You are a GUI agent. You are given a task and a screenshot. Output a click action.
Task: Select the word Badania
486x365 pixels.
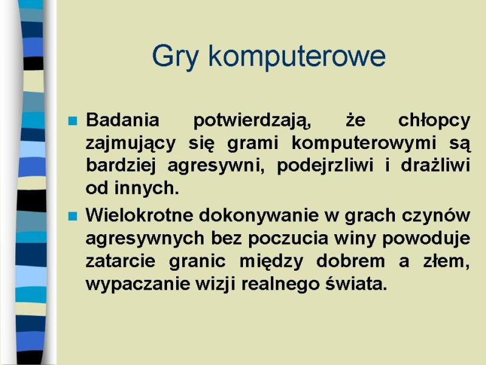coord(123,120)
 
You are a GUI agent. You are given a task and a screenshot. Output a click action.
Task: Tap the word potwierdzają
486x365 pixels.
coord(252,121)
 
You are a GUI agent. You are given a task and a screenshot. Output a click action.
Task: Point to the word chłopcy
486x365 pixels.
coord(434,121)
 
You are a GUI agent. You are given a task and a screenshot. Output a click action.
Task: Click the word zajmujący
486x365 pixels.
coord(131,144)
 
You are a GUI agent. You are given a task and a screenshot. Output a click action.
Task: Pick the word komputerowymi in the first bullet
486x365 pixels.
coord(364,144)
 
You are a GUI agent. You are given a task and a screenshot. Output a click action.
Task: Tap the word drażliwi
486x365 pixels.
coord(436,165)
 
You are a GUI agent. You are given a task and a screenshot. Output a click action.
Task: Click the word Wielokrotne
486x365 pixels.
coord(140,215)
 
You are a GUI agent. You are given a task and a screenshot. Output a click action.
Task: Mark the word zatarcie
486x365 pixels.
coord(120,262)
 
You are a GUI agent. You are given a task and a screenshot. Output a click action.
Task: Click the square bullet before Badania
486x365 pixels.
coord(72,120)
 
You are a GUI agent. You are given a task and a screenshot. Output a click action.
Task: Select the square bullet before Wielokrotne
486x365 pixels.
coord(72,216)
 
